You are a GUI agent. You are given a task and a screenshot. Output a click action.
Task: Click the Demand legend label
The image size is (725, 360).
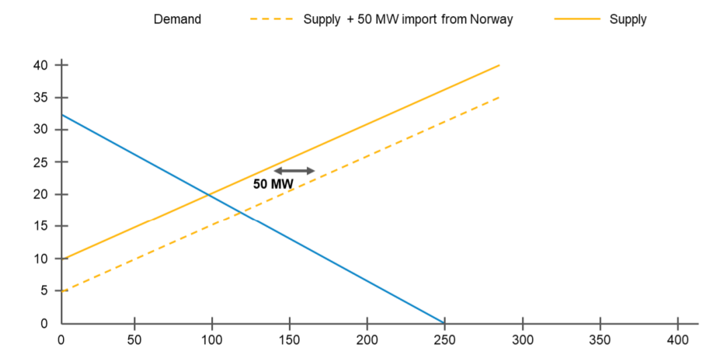tap(177, 19)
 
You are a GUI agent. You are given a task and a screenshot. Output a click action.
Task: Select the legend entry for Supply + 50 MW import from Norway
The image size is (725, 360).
tap(407, 19)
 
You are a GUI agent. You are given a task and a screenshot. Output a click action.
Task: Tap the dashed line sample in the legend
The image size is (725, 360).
tap(271, 19)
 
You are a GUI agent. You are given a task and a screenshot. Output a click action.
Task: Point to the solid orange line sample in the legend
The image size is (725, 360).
tap(577, 19)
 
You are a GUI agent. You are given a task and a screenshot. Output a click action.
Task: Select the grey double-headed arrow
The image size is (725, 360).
tap(294, 170)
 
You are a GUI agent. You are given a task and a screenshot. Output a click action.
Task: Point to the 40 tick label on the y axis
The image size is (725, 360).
tap(41, 65)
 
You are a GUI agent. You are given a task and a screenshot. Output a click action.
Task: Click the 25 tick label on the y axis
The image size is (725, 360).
tap(41, 162)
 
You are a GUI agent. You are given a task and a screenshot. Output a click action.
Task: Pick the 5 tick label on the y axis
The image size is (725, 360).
tap(44, 291)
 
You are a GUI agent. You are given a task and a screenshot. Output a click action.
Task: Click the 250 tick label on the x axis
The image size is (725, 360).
tap(444, 340)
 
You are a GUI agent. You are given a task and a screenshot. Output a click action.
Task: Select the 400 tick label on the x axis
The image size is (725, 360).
tap(677, 340)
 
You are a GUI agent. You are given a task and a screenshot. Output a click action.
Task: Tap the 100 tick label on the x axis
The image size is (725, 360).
tap(212, 340)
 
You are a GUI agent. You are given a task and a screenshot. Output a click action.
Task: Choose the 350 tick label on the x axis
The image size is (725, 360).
tap(600, 340)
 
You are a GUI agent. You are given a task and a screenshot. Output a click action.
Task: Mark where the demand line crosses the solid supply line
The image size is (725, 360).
tap(209, 195)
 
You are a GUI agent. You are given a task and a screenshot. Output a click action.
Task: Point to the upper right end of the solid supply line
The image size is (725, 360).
tap(499, 65)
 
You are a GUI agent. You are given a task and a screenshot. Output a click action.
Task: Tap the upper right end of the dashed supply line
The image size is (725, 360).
tap(499, 97)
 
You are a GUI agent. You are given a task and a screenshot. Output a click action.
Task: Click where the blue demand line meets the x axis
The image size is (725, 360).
tap(444, 323)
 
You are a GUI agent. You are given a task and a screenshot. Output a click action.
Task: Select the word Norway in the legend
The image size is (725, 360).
tap(492, 19)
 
